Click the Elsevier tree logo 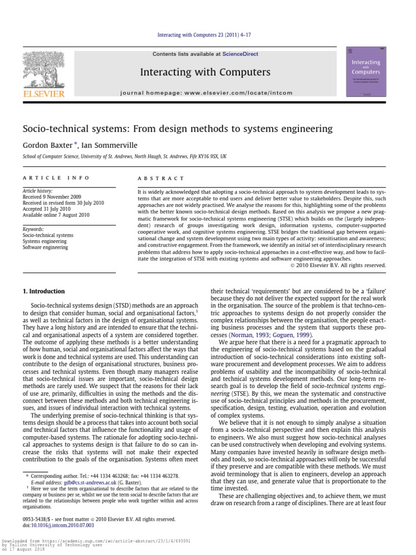(43, 69)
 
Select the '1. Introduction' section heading (43, 291)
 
